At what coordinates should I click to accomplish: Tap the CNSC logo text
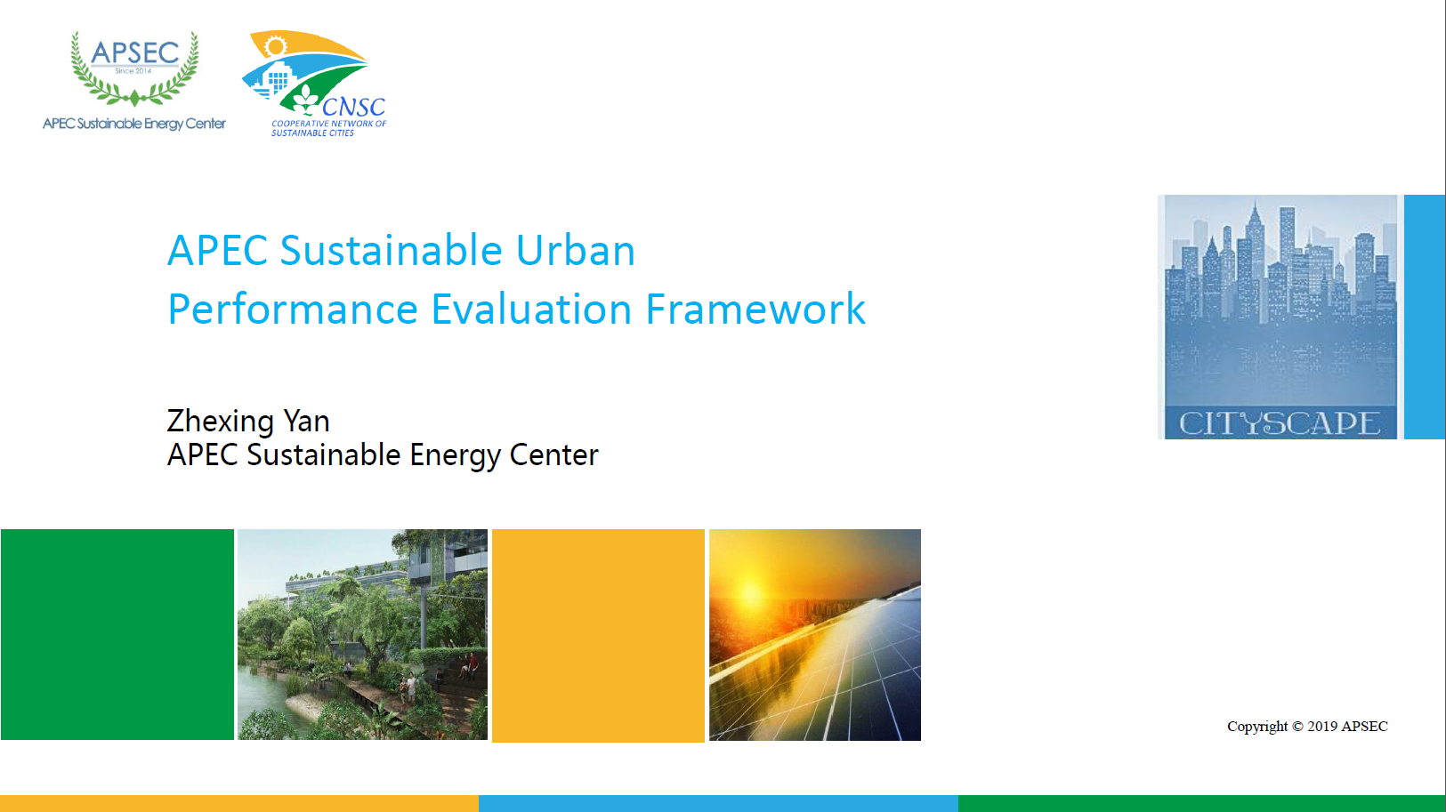354,107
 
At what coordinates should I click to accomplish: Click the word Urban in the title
576,250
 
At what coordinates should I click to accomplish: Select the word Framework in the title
755,309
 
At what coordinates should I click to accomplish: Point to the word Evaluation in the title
531,309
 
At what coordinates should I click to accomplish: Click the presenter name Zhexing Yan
248,422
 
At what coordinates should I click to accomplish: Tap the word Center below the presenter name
553,454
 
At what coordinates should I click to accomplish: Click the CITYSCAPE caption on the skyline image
1280,423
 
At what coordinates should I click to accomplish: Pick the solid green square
117,635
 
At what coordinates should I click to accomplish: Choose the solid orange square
598,635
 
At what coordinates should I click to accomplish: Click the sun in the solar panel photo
751,591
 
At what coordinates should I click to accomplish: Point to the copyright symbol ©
1297,727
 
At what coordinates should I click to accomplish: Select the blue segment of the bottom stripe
718,804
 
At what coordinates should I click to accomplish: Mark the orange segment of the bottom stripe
239,804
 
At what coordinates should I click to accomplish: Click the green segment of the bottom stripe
1202,804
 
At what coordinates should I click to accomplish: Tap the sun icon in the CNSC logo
275,46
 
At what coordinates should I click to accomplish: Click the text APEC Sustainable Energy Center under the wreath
134,124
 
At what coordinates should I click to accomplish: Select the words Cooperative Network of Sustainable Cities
328,128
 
